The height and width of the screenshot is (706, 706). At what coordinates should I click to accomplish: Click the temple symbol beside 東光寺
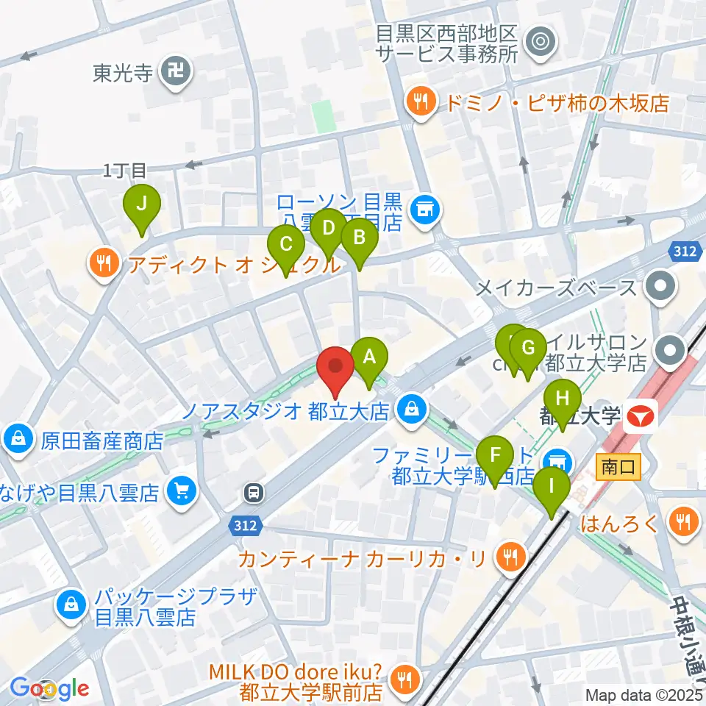[x=177, y=72]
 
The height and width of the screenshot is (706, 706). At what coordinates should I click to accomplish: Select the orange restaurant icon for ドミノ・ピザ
[x=421, y=103]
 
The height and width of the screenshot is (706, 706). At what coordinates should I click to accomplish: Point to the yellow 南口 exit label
[x=613, y=466]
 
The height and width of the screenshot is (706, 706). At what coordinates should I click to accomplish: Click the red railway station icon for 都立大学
[x=640, y=416]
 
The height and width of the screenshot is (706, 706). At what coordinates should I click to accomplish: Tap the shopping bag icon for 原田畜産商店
[x=17, y=441]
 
